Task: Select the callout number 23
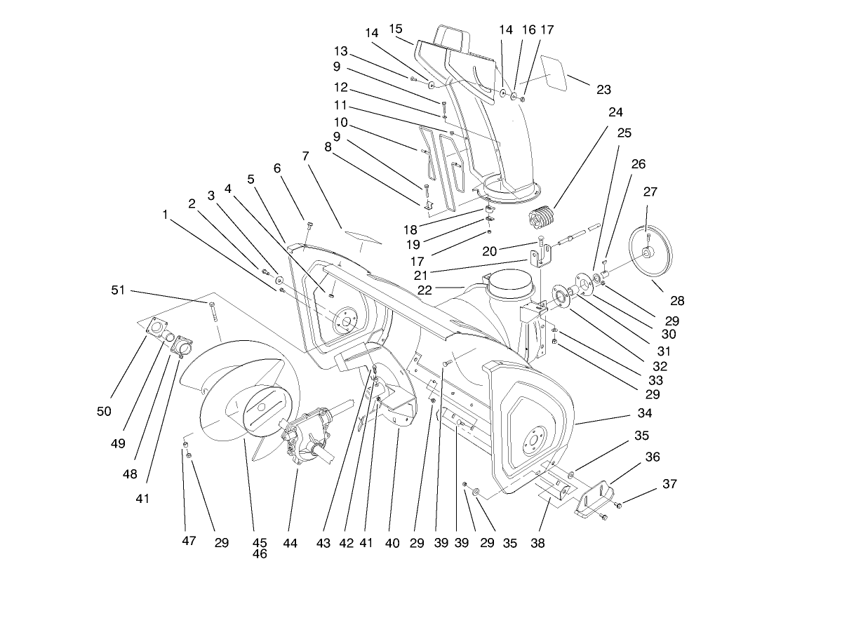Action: click(603, 90)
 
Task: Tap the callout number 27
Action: click(651, 191)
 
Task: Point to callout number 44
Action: click(290, 544)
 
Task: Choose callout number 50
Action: click(104, 412)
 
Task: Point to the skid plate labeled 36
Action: click(593, 499)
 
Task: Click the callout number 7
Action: click(305, 156)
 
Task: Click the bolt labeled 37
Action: click(618, 505)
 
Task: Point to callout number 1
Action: click(166, 215)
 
